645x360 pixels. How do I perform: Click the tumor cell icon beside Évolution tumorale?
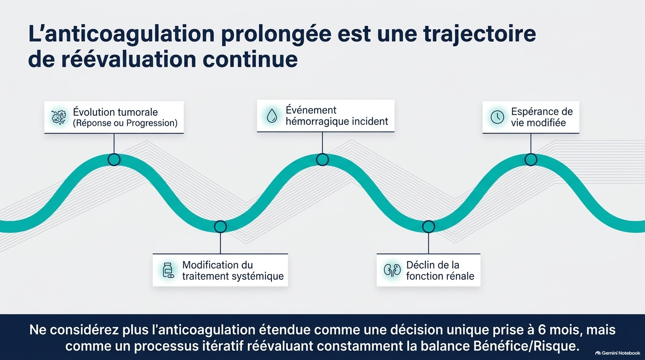point(59,117)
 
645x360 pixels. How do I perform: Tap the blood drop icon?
point(272,116)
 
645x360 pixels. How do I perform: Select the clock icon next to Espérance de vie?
point(497,117)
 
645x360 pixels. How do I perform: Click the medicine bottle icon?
point(168,270)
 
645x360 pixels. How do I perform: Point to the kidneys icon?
point(392,270)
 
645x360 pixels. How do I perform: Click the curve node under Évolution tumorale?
point(114,159)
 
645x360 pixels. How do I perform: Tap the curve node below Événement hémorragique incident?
point(322,159)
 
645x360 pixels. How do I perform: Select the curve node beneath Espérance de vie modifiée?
point(531,159)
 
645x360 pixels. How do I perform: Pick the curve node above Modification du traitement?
point(220,227)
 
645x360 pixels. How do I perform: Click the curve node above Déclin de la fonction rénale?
point(428,227)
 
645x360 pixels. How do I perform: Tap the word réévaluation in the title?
point(129,59)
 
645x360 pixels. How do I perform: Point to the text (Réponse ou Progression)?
point(125,123)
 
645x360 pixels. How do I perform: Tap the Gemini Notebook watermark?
point(618,353)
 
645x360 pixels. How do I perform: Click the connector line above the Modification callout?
point(220,243)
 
